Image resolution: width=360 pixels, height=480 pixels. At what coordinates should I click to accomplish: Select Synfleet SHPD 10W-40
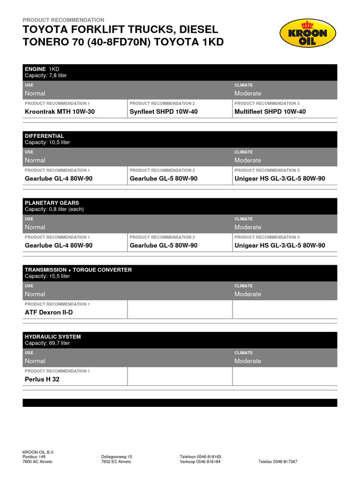pos(164,112)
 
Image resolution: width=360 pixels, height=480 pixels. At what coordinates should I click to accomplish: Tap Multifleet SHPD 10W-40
pos(270,112)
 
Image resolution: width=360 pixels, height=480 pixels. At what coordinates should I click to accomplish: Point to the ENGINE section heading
pos(35,69)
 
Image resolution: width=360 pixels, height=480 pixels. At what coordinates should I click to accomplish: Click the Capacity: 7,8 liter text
pos(45,75)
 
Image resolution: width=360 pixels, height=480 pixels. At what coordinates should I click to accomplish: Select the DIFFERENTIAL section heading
pos(44,136)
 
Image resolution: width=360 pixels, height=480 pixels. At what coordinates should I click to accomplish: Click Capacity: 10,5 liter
pos(47,142)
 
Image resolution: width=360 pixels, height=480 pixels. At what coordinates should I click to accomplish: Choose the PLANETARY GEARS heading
pos(52,203)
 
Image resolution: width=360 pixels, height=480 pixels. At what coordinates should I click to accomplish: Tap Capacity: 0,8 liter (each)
pos(54,210)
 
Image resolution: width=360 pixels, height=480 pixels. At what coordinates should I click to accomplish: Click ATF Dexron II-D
pos(49,312)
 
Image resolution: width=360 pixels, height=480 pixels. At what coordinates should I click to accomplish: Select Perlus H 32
pos(42,379)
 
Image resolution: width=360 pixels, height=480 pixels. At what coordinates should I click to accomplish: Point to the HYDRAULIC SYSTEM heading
pos(52,337)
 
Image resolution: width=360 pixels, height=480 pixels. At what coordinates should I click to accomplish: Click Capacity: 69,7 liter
pos(47,343)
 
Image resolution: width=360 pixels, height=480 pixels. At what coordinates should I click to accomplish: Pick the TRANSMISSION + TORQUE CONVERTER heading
pos(78,270)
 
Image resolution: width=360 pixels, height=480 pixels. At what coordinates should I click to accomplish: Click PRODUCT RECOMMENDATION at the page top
pos(63,20)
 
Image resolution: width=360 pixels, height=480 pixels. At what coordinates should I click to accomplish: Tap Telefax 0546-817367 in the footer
pos(277,462)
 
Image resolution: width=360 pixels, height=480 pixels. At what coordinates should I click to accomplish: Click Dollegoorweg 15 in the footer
pos(117,457)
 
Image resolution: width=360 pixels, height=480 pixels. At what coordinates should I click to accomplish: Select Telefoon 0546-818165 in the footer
pos(200,457)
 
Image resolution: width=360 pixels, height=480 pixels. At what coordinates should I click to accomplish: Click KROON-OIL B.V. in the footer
pos(38,452)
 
